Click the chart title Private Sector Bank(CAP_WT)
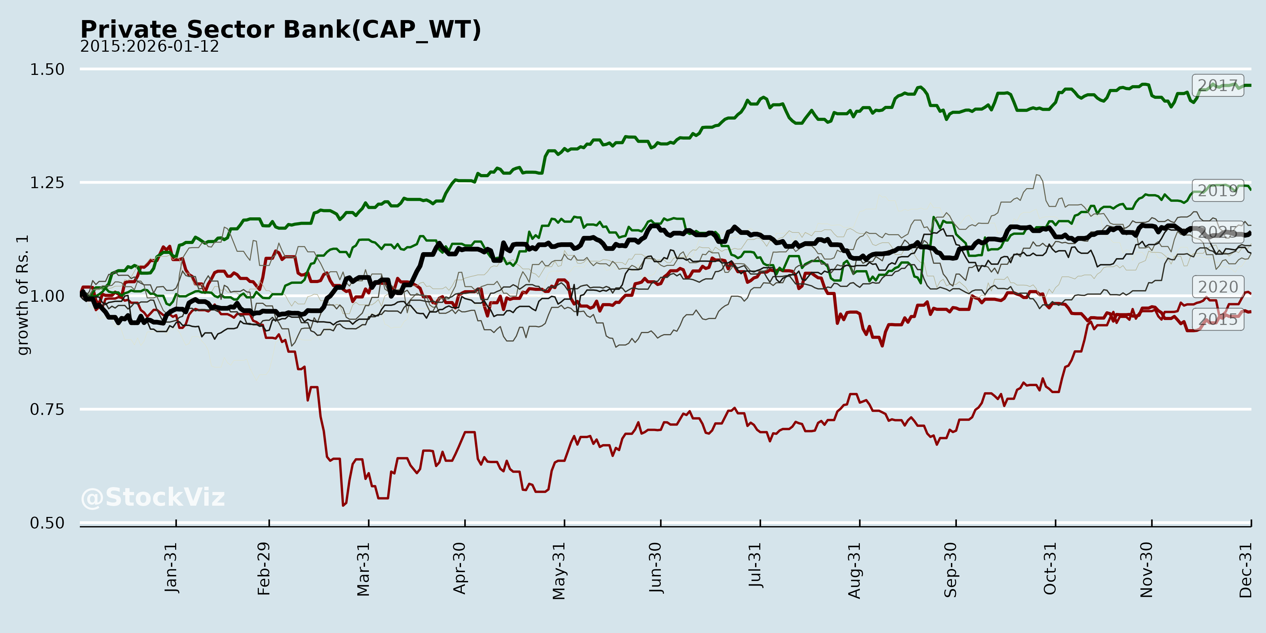[281, 30]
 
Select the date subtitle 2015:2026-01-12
[149, 47]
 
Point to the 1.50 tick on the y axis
[47, 69]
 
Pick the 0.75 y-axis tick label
[47, 409]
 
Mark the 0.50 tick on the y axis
[47, 523]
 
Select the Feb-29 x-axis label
[264, 569]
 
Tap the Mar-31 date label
[363, 569]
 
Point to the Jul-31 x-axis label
[755, 565]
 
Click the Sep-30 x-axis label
[951, 570]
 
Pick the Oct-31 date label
[1050, 568]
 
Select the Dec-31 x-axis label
[1245, 570]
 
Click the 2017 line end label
[1218, 85]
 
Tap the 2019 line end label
[1218, 190]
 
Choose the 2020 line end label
[1218, 287]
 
